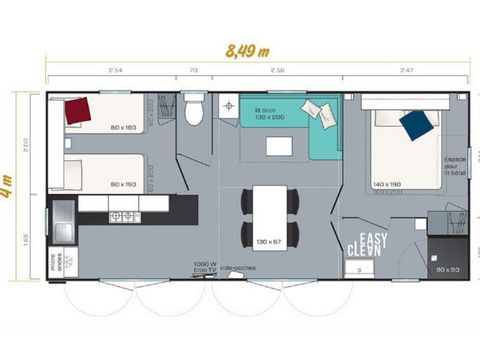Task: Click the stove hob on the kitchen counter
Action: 124,216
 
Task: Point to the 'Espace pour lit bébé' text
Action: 456,165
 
